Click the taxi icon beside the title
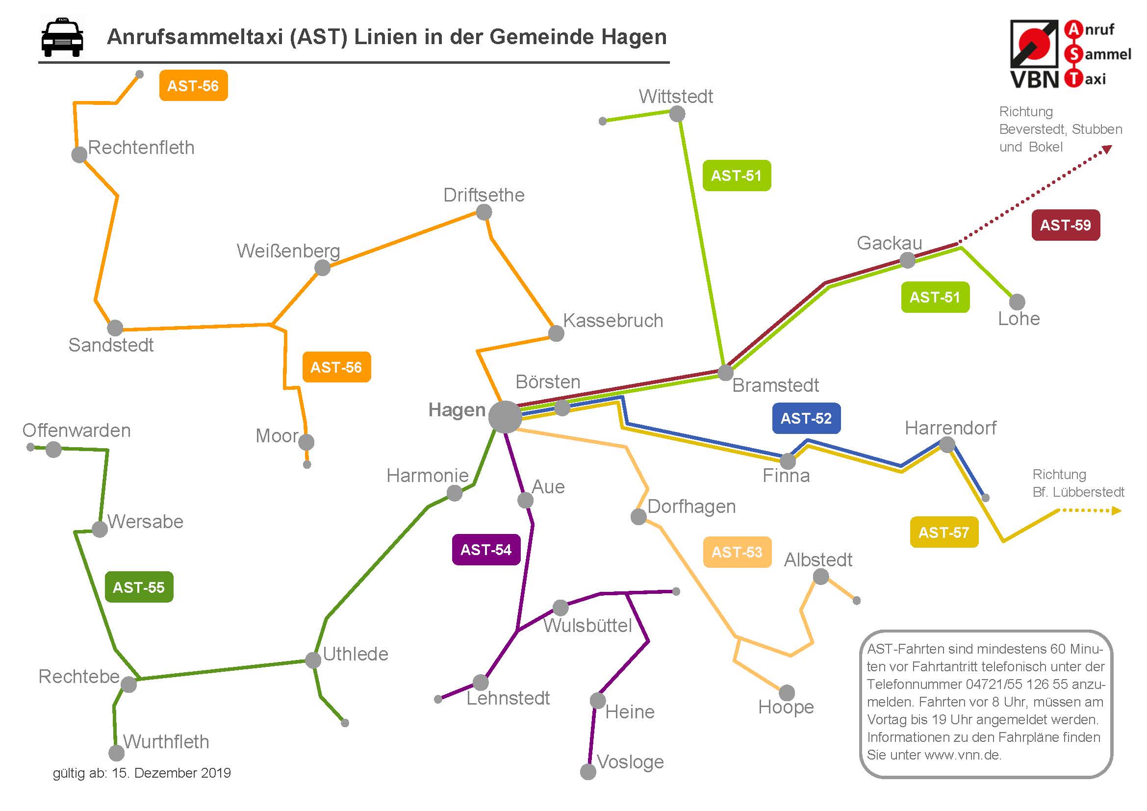coord(62,38)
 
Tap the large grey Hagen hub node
coord(505,417)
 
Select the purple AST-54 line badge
coord(486,550)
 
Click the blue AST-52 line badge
coord(806,418)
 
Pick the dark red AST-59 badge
coord(1066,225)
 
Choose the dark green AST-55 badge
coord(139,587)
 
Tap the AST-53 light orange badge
coord(737,552)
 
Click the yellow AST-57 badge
coord(943,532)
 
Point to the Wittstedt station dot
coord(677,114)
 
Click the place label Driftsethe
coord(484,195)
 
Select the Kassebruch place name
coord(613,321)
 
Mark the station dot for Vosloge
coord(588,772)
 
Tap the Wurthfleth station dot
coord(116,753)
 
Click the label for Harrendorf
coord(950,428)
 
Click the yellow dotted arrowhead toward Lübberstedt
coord(1117,510)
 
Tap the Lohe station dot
coord(1017,302)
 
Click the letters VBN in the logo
coord(1035,79)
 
